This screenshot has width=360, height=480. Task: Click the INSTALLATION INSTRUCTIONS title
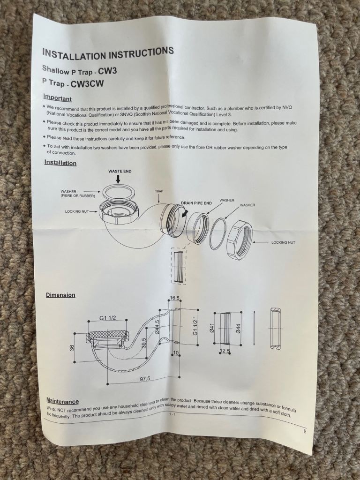(108, 53)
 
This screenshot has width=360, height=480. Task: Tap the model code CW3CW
(87, 84)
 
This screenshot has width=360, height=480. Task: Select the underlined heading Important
(57, 98)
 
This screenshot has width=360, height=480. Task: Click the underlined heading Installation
(60, 163)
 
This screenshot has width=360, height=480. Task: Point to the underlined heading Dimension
(60, 295)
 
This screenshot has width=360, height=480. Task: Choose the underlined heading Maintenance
(62, 401)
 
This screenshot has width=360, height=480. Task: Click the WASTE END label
(120, 171)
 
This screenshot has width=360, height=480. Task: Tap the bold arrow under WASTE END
(118, 180)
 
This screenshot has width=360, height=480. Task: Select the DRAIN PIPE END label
(196, 203)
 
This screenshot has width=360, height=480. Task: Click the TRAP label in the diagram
(159, 191)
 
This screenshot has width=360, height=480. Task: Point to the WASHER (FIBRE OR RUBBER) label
(78, 194)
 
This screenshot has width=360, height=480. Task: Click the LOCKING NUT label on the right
(283, 242)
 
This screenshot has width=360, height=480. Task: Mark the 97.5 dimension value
(145, 379)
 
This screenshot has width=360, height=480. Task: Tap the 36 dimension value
(72, 348)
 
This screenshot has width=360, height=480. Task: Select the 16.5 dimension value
(174, 298)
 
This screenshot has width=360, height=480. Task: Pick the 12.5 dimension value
(225, 351)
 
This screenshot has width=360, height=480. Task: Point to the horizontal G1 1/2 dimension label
(108, 318)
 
